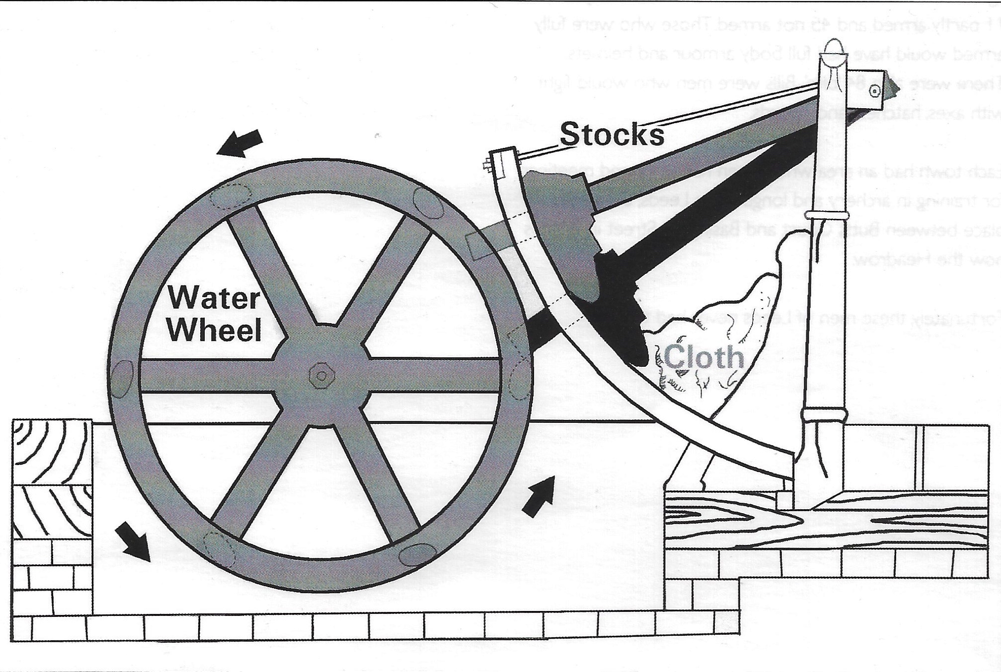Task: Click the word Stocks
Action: [612, 134]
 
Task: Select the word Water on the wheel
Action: [214, 299]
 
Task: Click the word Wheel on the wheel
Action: [215, 329]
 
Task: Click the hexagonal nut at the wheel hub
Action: [320, 375]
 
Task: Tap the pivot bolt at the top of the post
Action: [874, 90]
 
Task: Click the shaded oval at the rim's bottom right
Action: [417, 554]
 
